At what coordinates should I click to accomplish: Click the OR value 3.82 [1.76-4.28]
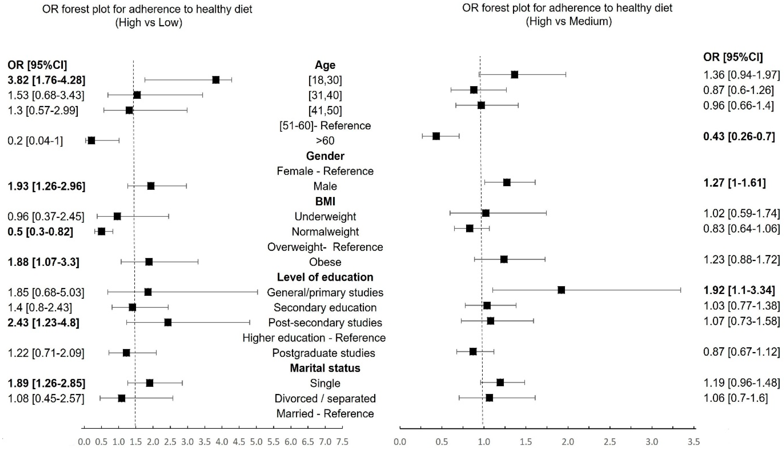point(46,80)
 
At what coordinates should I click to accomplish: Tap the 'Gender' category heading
point(325,156)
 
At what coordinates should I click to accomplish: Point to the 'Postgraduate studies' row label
point(324,353)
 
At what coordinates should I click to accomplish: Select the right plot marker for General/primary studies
point(561,290)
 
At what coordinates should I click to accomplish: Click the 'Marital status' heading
point(325,368)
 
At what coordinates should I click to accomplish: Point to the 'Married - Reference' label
point(325,414)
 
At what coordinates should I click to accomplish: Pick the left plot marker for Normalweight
point(101,231)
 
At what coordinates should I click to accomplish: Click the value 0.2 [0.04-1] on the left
point(35,141)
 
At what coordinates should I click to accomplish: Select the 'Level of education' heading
point(325,277)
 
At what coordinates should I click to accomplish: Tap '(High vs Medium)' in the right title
point(569,21)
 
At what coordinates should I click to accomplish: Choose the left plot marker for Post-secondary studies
point(168,323)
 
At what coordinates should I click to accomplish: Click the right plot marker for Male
point(507,183)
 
